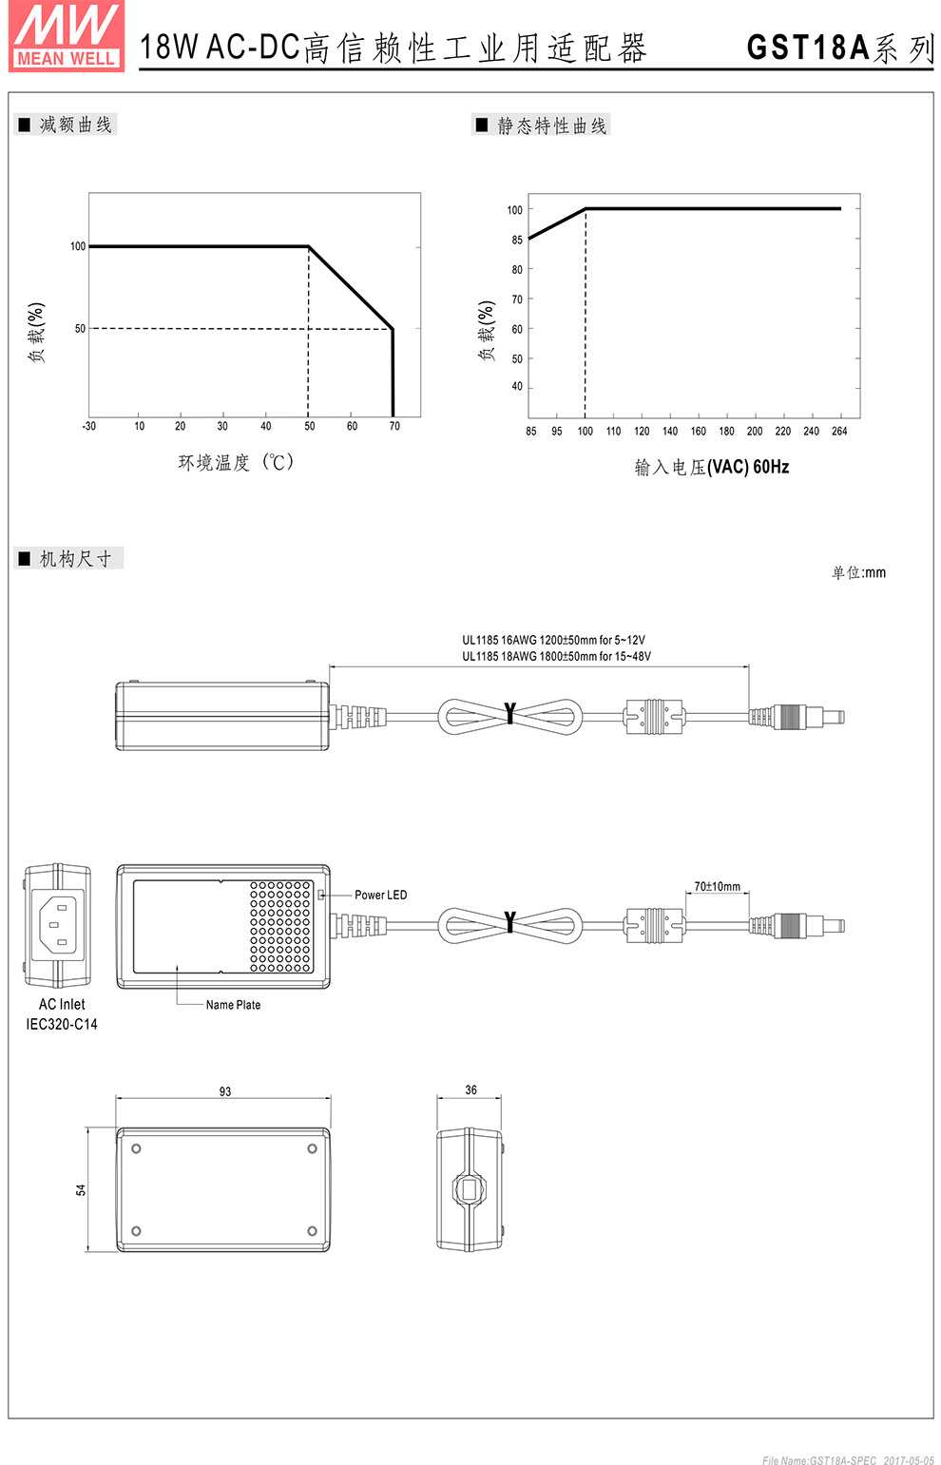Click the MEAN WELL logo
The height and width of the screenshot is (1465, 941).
pos(67,36)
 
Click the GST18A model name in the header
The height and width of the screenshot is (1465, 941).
pos(808,48)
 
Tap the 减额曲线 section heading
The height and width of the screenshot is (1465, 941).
pos(75,125)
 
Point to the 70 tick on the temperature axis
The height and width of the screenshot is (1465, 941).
pos(394,426)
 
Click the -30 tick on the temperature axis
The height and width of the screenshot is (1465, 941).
pos(89,426)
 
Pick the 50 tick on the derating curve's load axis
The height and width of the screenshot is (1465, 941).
pos(80,329)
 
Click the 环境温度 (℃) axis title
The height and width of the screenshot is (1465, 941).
pos(237,462)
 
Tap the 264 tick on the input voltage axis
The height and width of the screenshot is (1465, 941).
pos(839,432)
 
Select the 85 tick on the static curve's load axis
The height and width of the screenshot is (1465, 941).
pos(517,240)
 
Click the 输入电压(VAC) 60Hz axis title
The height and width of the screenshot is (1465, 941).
pos(712,467)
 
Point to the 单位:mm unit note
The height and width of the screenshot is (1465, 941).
pos(858,572)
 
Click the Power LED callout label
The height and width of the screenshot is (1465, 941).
pos(380,895)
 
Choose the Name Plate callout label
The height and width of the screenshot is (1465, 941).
pos(233,1005)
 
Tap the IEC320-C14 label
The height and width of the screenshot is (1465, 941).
pos(62,1024)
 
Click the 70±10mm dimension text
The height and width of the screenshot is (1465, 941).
pos(717,886)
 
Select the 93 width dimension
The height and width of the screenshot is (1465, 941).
pos(225,1091)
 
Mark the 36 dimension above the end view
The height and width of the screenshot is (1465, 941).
pos(471,1089)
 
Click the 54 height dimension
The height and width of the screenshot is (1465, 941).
pos(81,1189)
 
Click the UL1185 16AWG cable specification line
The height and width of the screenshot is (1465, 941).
pos(553,640)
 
